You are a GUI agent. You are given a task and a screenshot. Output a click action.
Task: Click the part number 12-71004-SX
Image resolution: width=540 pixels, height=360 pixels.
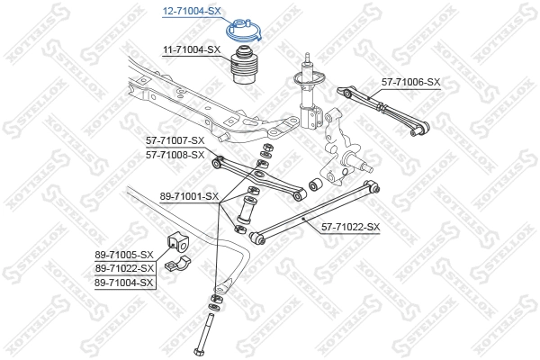(x=190, y=12)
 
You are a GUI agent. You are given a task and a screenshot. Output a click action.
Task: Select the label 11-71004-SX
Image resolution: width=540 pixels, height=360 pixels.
(x=192, y=50)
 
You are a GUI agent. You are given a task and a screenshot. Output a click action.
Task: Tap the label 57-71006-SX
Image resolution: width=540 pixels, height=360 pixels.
(x=409, y=82)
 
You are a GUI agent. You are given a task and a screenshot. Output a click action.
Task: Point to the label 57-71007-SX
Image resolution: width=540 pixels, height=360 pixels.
(x=175, y=141)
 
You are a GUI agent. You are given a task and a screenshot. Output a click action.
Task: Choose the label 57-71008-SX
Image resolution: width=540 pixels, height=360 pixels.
(x=175, y=155)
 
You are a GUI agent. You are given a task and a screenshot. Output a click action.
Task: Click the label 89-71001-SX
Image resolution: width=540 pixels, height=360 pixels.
(x=189, y=195)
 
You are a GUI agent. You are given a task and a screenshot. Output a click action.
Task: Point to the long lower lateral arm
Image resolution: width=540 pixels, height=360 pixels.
(x=315, y=211)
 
